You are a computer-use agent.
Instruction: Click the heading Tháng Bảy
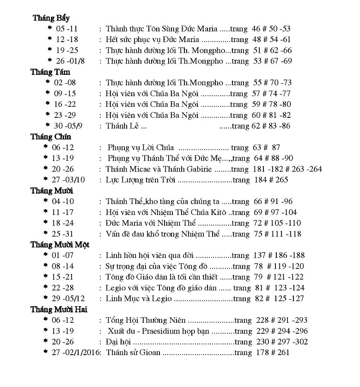click(x=51, y=18)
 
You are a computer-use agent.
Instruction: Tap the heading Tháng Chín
click(x=51, y=137)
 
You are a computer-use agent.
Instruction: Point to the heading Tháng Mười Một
click(x=60, y=245)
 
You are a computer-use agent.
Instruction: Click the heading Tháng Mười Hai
click(x=59, y=309)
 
